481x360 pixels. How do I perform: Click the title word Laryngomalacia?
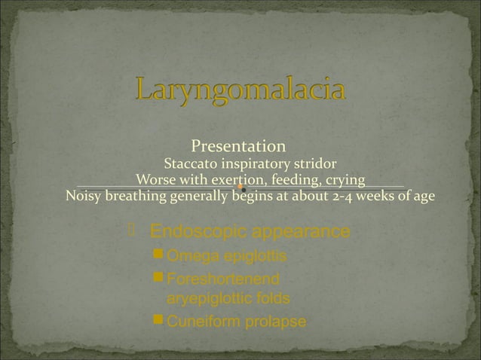[x=241, y=91]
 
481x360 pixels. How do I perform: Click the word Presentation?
[x=238, y=145]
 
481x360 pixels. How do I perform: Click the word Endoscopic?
[x=197, y=230]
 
